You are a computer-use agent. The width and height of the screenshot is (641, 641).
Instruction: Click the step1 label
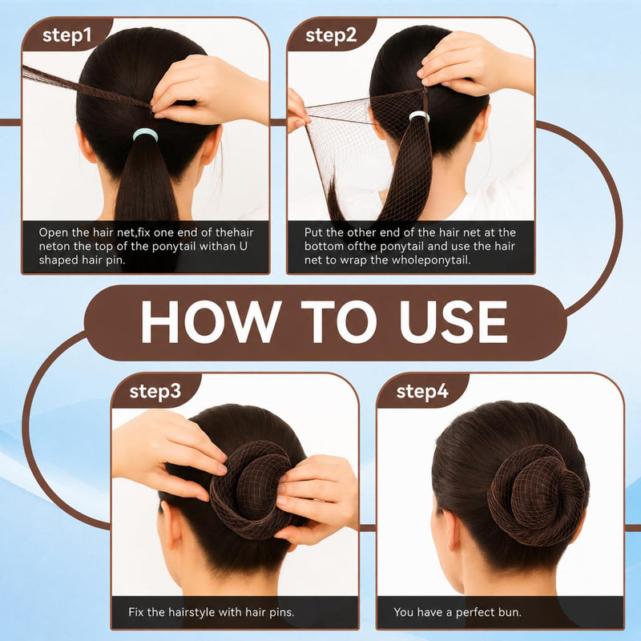click(67, 35)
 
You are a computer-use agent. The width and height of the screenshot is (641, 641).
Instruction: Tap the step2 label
click(331, 35)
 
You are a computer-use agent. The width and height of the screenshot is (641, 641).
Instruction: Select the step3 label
click(155, 391)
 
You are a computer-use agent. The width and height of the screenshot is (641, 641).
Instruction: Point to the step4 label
click(422, 391)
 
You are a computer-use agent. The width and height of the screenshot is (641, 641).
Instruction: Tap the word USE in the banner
click(454, 322)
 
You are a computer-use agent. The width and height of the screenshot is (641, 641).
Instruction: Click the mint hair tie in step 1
click(145, 135)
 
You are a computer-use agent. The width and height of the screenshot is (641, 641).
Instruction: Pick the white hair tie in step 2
click(419, 116)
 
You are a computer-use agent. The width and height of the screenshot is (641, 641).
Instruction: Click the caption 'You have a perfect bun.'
click(458, 612)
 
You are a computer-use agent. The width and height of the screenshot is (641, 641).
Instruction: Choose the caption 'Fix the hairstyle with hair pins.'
click(211, 612)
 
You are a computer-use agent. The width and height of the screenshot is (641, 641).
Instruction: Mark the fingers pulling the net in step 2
click(297, 111)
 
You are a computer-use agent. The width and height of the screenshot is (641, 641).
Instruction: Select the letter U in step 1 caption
click(244, 247)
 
